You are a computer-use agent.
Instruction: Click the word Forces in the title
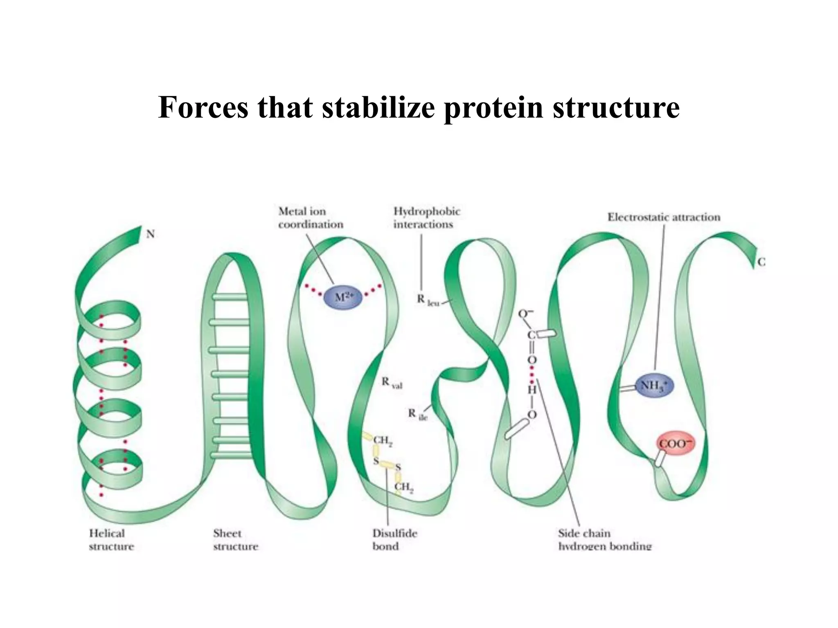(203, 107)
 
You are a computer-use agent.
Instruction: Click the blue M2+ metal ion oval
(343, 297)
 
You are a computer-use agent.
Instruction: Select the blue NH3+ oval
(654, 386)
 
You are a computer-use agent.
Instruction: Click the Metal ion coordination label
(310, 218)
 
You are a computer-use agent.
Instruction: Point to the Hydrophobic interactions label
(426, 218)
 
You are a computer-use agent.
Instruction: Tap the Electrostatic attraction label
(664, 217)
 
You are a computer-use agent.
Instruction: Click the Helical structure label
(111, 540)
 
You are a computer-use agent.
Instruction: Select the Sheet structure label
(235, 540)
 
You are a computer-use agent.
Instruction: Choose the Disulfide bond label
(394, 540)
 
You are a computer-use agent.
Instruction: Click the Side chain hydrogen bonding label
(604, 540)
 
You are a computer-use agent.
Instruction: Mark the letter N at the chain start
(151, 234)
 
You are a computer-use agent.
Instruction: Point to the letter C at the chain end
(761, 262)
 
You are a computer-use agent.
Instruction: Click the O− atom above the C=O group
(525, 314)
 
